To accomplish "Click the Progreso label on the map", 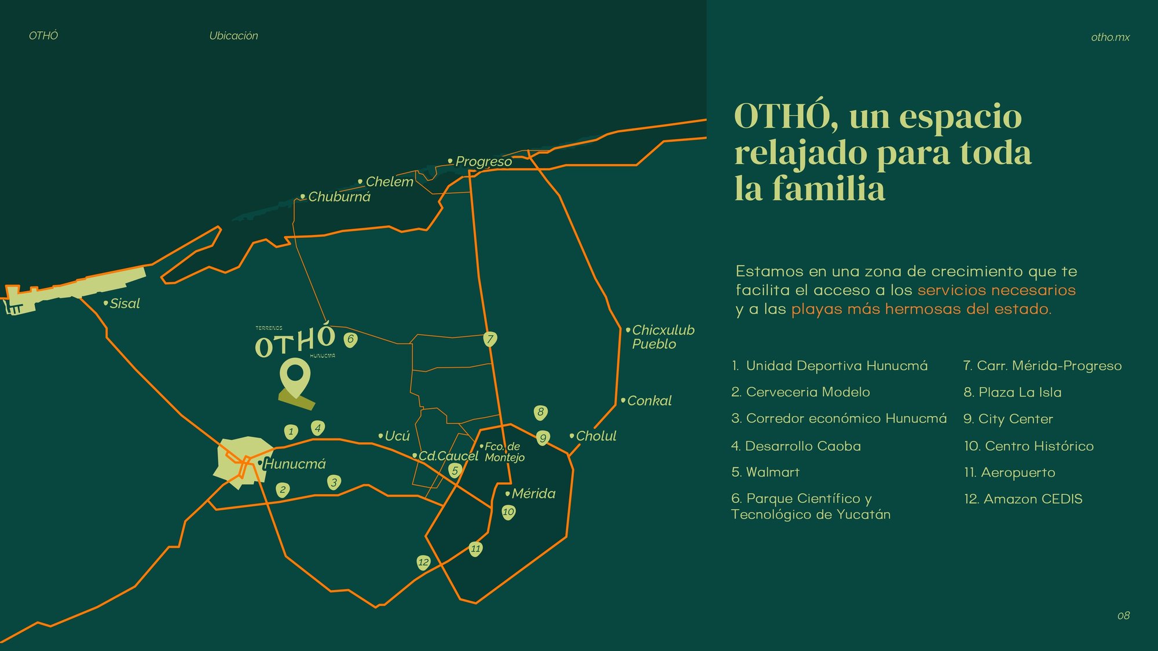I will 483,161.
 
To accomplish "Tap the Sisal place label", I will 124,303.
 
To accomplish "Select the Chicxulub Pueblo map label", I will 662,337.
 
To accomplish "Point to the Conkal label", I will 649,400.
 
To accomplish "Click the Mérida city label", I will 533,494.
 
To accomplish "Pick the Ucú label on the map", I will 397,436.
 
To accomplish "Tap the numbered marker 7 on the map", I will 490,339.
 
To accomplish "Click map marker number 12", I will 424,562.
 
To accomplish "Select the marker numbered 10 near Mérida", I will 508,512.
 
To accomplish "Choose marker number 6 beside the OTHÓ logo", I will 350,339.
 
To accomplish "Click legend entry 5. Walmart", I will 765,472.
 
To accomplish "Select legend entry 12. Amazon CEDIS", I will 1023,499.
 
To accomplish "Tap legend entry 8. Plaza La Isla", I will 1012,392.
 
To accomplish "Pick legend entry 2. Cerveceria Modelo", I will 800,392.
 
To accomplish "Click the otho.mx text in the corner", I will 1110,37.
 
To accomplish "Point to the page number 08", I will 1123,616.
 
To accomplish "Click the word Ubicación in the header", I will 233,36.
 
